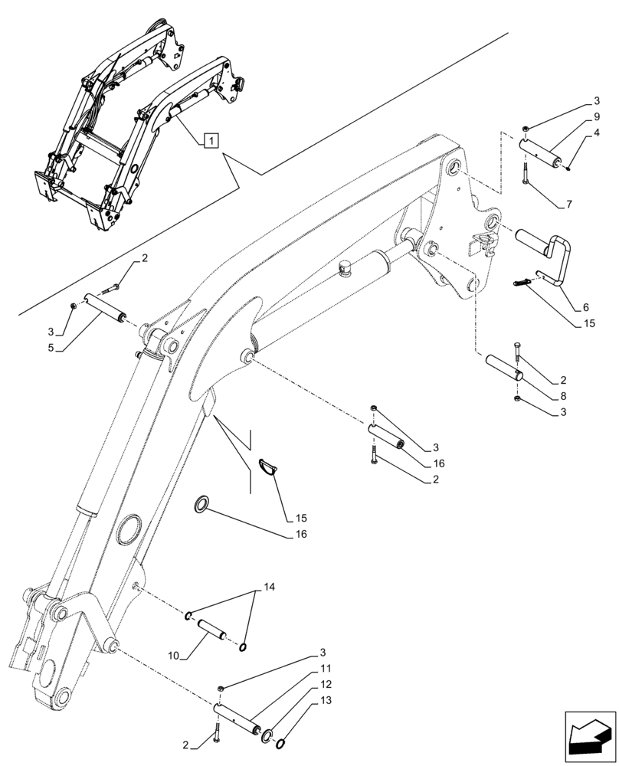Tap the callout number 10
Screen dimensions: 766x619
(174, 656)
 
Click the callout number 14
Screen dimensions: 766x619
(267, 588)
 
